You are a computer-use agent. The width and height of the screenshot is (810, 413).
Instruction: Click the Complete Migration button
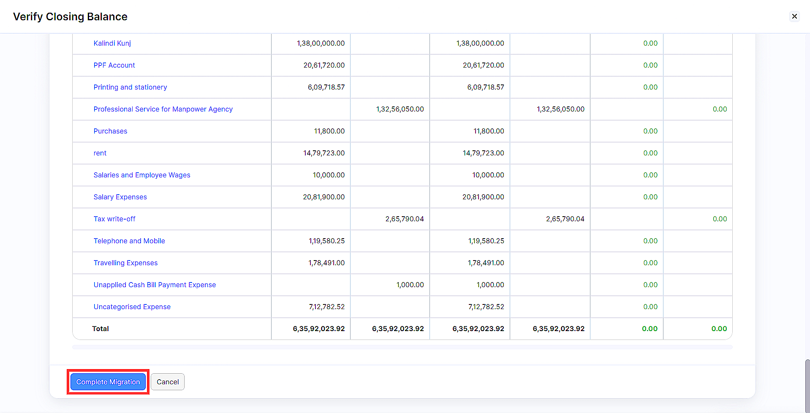(108, 382)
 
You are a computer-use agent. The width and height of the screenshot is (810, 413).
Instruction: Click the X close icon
(794, 16)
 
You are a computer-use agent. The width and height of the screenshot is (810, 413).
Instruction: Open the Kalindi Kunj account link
(112, 43)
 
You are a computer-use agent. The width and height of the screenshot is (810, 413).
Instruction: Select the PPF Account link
(114, 65)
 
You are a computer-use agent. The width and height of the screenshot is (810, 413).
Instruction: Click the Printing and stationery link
(130, 87)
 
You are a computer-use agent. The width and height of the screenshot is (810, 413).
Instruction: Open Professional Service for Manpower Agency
(163, 109)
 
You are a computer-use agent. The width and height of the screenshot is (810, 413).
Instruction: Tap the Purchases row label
(110, 131)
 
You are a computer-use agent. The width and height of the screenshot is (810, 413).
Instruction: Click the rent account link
(100, 153)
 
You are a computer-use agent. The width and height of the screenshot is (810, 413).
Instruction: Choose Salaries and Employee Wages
(142, 175)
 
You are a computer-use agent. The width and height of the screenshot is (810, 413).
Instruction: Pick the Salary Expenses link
(120, 197)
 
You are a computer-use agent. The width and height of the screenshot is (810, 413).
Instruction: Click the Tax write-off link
(114, 219)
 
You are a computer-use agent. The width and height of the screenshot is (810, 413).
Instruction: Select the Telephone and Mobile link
(129, 241)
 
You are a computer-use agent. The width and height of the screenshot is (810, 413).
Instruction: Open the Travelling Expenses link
(125, 263)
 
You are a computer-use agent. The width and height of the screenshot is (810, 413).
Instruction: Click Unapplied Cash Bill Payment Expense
(155, 285)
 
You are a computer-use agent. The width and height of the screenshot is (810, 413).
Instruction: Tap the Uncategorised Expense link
(132, 307)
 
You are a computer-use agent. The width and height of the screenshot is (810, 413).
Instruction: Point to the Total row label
(101, 329)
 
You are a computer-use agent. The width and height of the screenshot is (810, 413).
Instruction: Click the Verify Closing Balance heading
(70, 16)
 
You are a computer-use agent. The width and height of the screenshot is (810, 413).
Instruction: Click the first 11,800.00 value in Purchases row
(329, 131)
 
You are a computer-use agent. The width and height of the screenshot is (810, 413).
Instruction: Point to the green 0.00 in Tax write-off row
(720, 219)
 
